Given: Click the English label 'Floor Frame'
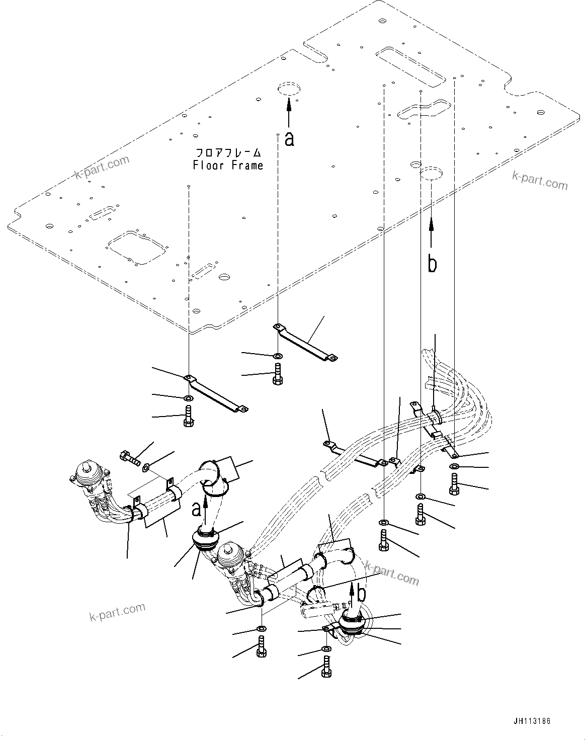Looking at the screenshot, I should pyautogui.click(x=228, y=165).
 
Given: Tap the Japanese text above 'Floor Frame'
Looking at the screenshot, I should pyautogui.click(x=228, y=152).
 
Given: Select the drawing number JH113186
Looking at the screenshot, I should pyautogui.click(x=532, y=721).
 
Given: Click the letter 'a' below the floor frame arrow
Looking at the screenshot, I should pyautogui.click(x=289, y=138).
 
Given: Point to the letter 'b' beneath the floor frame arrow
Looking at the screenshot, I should pyautogui.click(x=432, y=263).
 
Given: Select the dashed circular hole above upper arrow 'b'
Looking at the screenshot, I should pyautogui.click(x=432, y=173).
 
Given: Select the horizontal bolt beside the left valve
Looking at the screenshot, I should pyautogui.click(x=130, y=458).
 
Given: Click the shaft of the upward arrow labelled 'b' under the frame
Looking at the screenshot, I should pyautogui.click(x=432, y=234).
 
